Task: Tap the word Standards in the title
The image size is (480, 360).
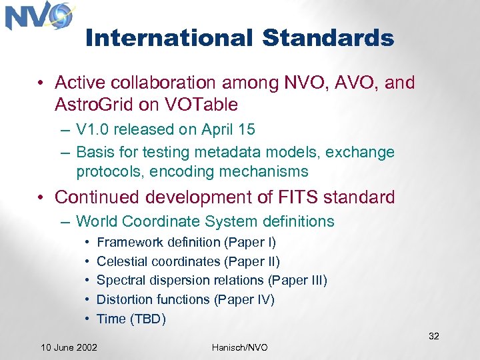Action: click(328, 38)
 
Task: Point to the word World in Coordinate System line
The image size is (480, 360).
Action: click(97, 221)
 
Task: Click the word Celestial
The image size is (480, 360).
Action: click(123, 261)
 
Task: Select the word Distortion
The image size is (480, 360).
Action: click(125, 300)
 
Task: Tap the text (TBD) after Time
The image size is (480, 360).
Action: click(148, 319)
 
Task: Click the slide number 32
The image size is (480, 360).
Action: click(433, 336)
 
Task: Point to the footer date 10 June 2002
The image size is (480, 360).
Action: click(69, 347)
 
